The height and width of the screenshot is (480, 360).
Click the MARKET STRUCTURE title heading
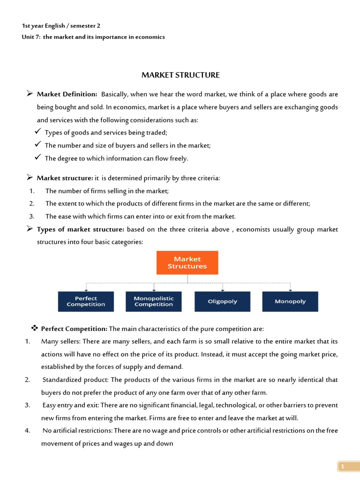180,75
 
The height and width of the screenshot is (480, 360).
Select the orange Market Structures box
187,262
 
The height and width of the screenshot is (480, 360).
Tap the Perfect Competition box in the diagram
86,301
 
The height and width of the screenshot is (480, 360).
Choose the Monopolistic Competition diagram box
154,301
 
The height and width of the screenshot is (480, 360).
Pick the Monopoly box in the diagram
290,301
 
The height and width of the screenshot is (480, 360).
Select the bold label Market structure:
65,178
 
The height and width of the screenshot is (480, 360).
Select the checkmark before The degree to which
38,158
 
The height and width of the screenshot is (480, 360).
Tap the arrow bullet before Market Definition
29,95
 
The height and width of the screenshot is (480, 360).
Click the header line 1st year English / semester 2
61,26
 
